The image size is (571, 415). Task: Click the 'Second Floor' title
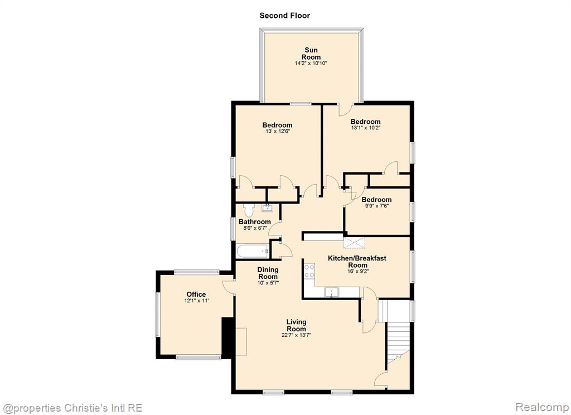284,16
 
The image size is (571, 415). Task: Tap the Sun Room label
311,54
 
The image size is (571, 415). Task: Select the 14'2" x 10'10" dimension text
311,64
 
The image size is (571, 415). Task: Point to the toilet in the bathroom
249,210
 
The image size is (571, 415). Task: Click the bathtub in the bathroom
253,251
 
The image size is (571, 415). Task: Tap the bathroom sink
267,208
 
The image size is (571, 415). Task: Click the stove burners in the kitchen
309,271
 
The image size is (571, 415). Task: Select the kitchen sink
332,292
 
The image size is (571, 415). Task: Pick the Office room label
196,295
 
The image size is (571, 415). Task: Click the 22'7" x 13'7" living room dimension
297,335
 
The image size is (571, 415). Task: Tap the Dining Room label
268,273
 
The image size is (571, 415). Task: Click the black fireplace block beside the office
228,337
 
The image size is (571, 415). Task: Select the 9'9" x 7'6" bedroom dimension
376,205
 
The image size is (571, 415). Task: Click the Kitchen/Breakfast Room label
357,262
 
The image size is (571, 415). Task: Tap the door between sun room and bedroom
346,110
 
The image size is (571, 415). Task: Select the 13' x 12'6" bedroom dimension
278,131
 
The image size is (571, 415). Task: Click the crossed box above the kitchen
354,243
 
